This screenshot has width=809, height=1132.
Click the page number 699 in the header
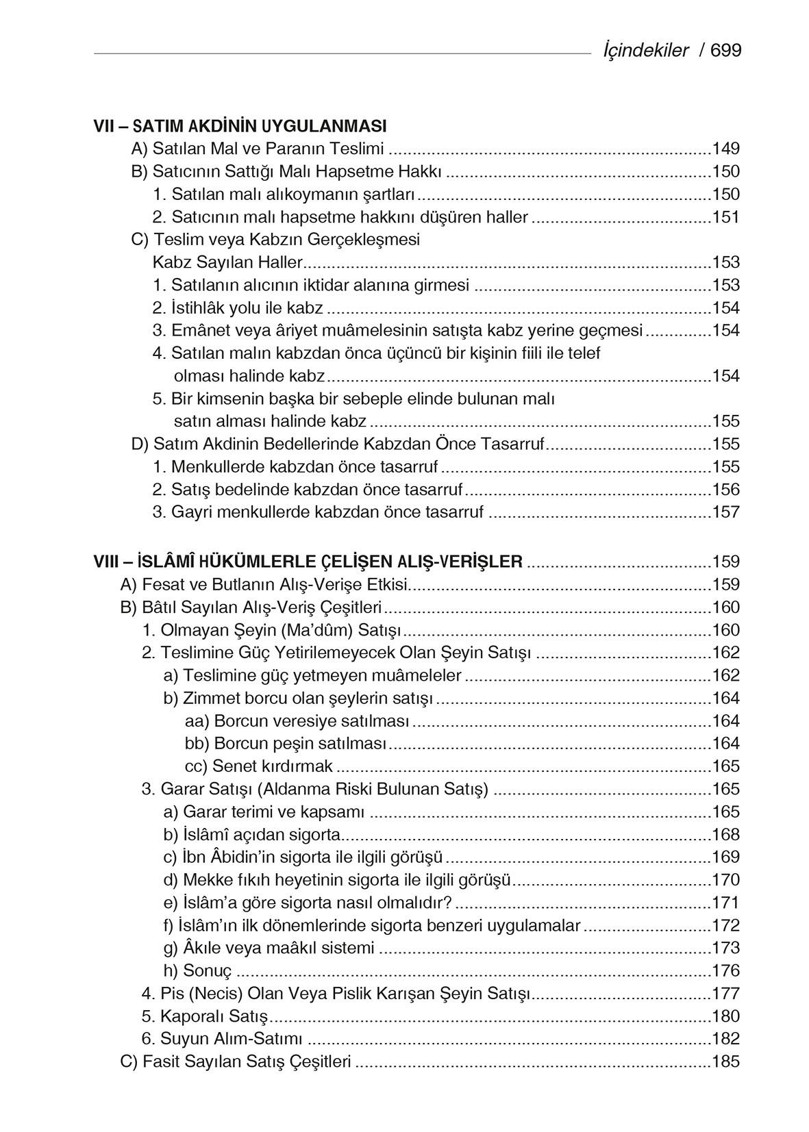coord(726,51)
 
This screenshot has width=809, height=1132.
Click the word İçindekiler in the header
coord(645,51)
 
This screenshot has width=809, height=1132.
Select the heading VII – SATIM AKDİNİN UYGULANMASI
coord(240,126)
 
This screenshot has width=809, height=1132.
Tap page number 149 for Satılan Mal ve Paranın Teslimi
coord(726,149)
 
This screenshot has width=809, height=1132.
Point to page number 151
coord(726,217)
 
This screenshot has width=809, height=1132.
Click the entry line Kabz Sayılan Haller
coord(227,262)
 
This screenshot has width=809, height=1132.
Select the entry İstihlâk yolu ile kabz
coord(238,308)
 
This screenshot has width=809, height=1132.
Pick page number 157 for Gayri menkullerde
coord(726,512)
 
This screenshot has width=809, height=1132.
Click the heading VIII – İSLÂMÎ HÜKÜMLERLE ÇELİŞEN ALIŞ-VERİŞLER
coord(308,562)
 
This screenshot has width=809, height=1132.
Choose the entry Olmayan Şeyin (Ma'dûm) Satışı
coord(271,630)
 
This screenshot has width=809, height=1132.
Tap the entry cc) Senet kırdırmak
coord(259,766)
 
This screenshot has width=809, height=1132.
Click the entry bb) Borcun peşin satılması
coord(286,744)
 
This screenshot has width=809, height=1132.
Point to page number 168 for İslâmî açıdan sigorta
coord(726,834)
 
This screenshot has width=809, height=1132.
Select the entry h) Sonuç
coord(198,970)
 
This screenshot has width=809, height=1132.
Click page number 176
coord(726,970)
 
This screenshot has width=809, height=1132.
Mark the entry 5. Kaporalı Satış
coord(205,1016)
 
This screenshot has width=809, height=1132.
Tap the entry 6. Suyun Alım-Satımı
coord(222,1039)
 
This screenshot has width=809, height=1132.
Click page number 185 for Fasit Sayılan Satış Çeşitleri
coord(726,1061)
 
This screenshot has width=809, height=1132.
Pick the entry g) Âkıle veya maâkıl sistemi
coord(269,948)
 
